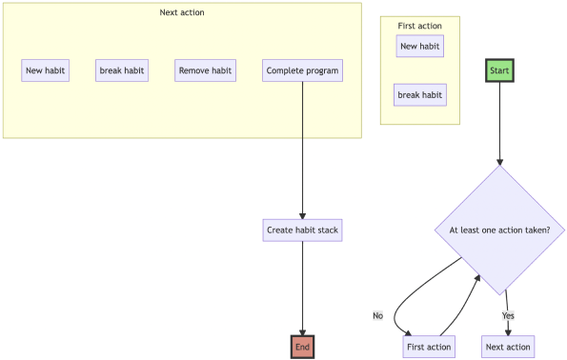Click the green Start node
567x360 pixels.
pos(500,70)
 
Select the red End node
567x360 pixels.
pos(302,347)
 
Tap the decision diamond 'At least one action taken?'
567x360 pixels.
pos(500,230)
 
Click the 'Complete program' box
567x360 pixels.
pos(302,70)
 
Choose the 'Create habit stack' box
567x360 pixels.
pos(302,230)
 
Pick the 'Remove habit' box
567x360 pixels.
pos(206,70)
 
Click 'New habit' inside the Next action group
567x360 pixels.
pos(46,70)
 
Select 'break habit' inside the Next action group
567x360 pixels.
pos(122,70)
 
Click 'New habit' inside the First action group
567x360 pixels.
pos(420,46)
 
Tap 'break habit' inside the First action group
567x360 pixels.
pos(420,95)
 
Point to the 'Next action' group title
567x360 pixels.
pos(182,12)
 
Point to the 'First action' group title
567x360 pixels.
pos(420,26)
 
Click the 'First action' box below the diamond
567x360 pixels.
pos(429,347)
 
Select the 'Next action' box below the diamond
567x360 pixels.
pos(507,347)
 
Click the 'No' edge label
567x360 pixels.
pos(378,315)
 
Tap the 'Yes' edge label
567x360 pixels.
pos(508,315)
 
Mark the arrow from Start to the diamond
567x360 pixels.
pos(500,124)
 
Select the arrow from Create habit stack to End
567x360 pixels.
pos(302,286)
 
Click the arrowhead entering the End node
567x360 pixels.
pos(302,330)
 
